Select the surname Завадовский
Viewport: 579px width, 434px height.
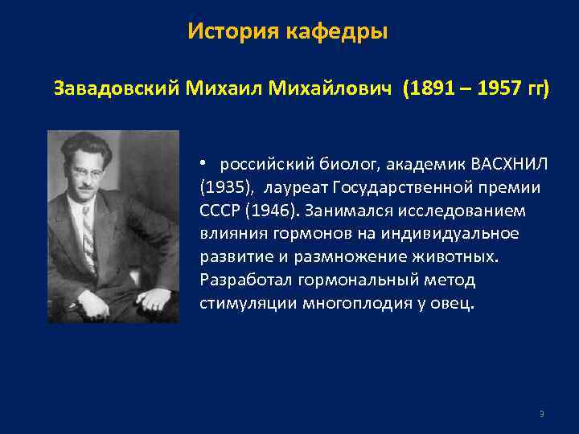pyautogui.click(x=117, y=88)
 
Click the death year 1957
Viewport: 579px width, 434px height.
pyautogui.click(x=499, y=88)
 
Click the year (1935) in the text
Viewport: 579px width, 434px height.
pyautogui.click(x=220, y=188)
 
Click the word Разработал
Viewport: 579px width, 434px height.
pyautogui.click(x=244, y=280)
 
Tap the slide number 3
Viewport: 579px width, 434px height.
pyautogui.click(x=541, y=414)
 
